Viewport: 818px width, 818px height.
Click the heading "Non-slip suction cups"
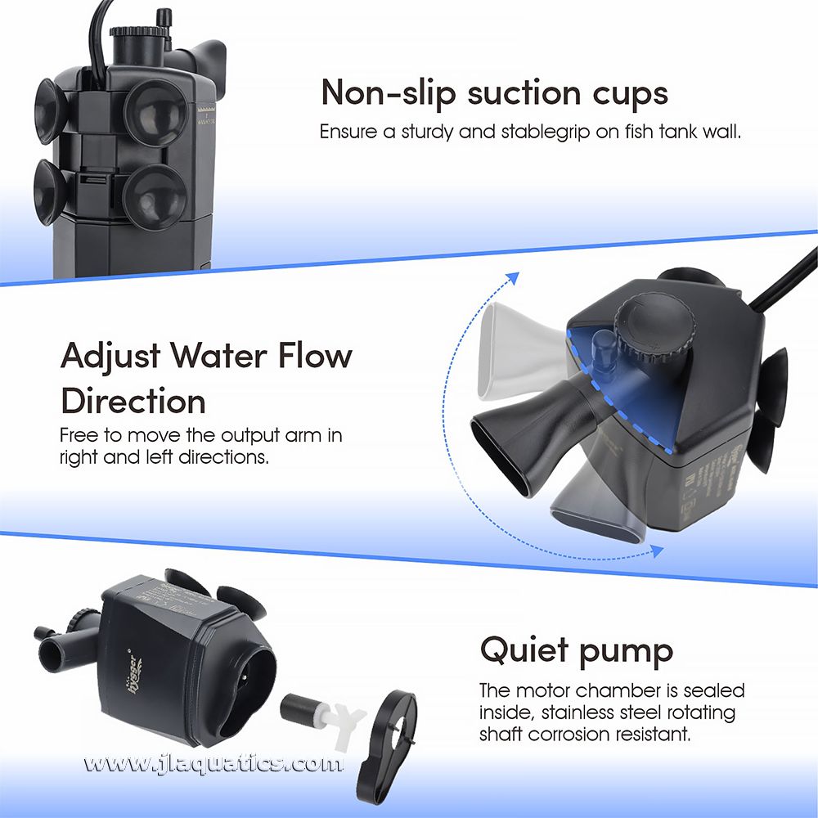[x=493, y=93]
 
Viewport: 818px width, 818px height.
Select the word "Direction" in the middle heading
[x=133, y=402]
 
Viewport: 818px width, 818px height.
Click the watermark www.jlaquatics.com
[x=212, y=765]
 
